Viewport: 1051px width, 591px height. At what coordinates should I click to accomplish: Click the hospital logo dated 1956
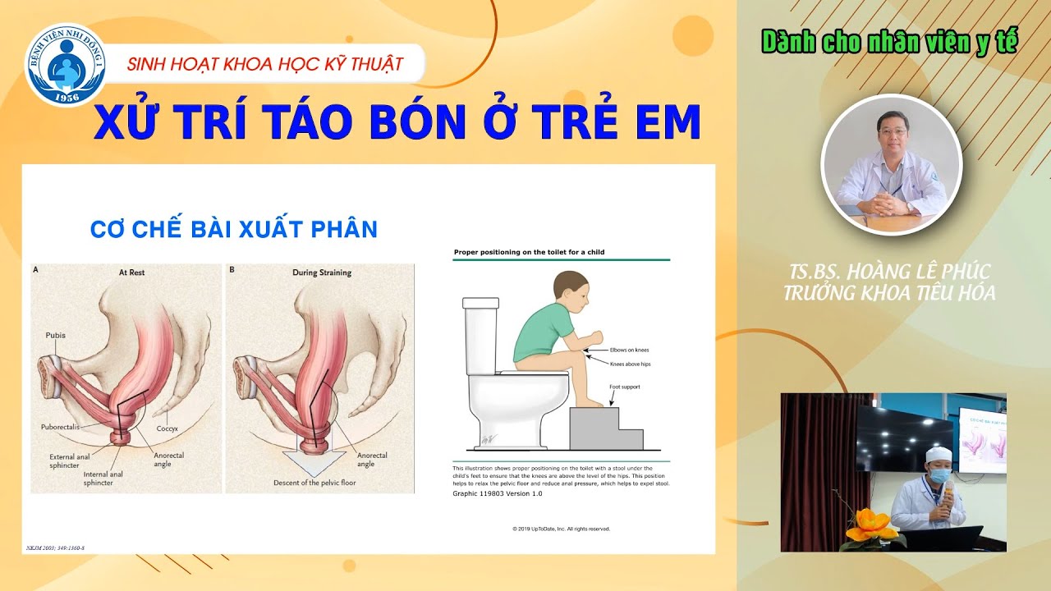66,65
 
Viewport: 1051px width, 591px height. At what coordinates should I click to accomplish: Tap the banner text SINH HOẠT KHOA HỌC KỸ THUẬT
265,63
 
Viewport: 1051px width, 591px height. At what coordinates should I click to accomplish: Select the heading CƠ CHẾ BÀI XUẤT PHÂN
233,230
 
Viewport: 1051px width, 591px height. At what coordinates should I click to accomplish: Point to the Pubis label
54,335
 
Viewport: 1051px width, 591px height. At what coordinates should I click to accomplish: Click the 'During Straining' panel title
321,273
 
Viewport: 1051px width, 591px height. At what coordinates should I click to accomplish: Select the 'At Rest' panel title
131,273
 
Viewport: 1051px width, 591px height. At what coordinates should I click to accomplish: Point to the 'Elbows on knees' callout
629,350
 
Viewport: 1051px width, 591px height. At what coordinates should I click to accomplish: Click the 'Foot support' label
624,387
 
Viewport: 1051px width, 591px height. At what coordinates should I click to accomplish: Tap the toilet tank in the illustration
481,337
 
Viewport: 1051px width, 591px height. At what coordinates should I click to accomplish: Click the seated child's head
571,291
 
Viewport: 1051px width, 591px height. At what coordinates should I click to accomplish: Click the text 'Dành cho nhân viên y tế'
889,41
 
